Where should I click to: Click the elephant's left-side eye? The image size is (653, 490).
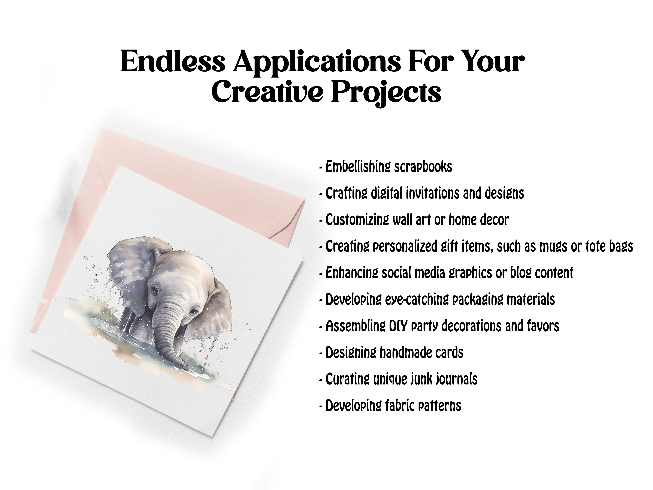click(x=155, y=291)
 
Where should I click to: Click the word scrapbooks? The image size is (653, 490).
click(x=423, y=167)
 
